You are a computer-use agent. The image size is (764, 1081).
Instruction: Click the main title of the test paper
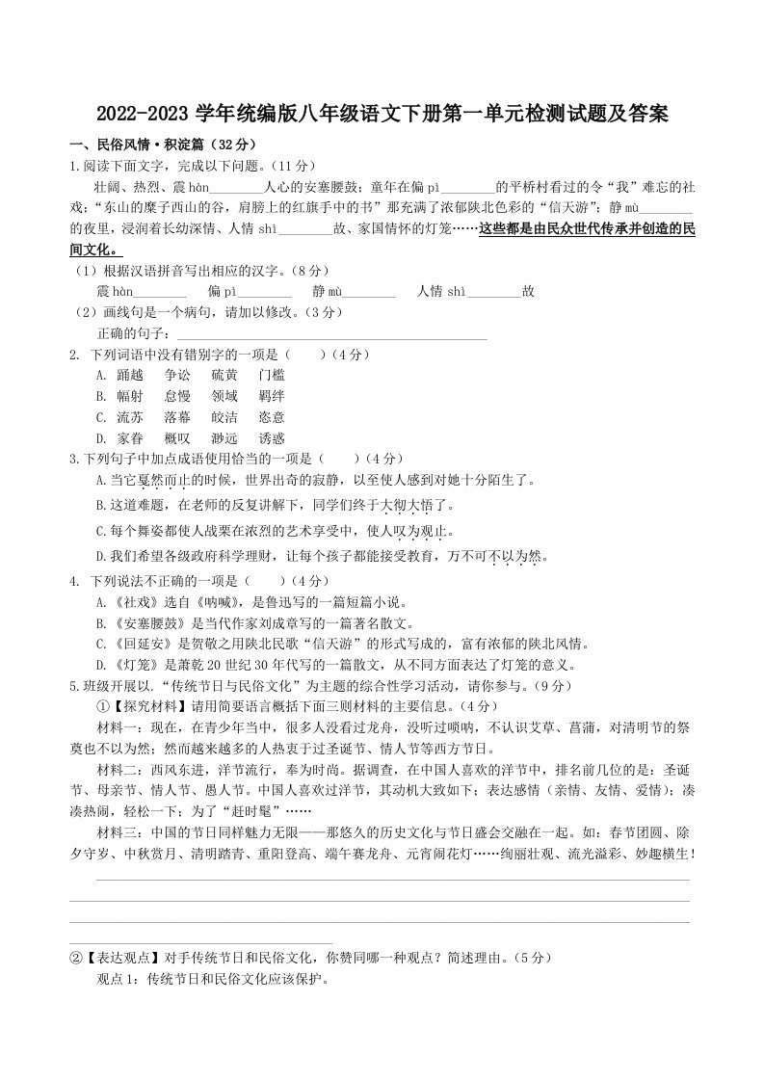click(382, 115)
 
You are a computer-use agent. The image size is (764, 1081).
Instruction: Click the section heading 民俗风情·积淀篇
click(145, 145)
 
